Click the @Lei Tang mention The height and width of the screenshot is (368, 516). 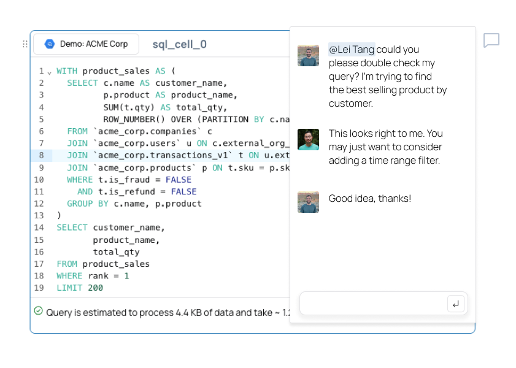point(352,49)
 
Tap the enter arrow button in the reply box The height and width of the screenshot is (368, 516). point(456,304)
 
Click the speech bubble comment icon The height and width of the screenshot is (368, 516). point(491,40)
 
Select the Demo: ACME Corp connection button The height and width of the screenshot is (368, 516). point(87,44)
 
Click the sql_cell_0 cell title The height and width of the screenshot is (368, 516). point(179,44)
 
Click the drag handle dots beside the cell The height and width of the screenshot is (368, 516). point(25,44)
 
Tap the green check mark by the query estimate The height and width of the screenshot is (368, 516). point(39,311)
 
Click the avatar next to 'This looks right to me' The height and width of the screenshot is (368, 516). point(309,139)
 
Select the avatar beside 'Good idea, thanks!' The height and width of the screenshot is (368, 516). point(309,202)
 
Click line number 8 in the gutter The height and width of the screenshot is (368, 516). point(41,155)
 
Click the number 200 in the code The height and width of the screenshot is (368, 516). point(96,288)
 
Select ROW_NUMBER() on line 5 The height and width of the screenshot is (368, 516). point(134,120)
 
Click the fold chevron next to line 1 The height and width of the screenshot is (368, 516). point(49,72)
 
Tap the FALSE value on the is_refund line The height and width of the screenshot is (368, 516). point(183,192)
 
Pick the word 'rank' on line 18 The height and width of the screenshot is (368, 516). point(98,276)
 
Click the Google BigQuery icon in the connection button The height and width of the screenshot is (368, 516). point(50,44)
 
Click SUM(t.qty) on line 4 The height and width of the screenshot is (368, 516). point(129,107)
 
